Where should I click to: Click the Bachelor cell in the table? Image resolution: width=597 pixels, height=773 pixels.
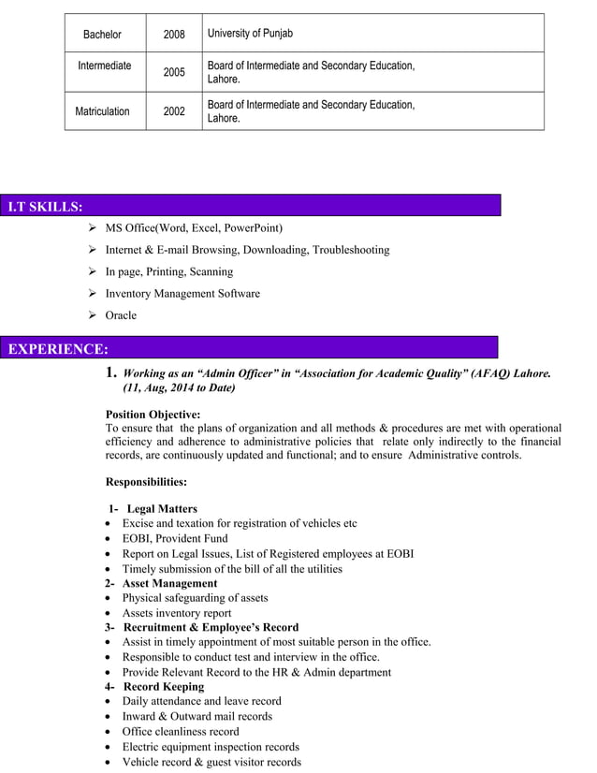[x=102, y=35]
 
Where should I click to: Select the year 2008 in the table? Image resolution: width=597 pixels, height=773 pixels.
[x=174, y=35]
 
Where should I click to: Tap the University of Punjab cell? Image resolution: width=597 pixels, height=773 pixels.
[x=250, y=34]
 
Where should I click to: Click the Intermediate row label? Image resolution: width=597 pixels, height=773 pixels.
[x=104, y=66]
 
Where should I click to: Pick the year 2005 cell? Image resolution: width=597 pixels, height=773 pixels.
[x=174, y=72]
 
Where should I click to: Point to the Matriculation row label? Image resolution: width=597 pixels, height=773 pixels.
[x=102, y=111]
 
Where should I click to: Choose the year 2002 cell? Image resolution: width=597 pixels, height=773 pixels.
[x=174, y=111]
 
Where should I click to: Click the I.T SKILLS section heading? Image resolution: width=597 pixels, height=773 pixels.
[x=45, y=206]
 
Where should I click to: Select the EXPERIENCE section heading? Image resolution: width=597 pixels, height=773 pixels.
[x=58, y=349]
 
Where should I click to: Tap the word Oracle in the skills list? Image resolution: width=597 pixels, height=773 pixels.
[x=121, y=315]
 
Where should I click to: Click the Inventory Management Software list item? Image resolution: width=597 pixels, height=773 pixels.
[x=182, y=294]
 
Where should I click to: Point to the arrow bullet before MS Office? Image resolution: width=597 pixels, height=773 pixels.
[x=92, y=228]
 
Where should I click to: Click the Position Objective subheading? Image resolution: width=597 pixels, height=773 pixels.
[x=153, y=414]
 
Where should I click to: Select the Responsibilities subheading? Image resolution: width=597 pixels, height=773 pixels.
[x=146, y=482]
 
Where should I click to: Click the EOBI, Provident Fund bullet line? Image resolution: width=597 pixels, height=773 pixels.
[x=174, y=539]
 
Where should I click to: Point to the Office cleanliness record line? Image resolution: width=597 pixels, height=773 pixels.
[x=180, y=731]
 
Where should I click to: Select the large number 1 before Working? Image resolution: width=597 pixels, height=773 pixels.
[x=111, y=372]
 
